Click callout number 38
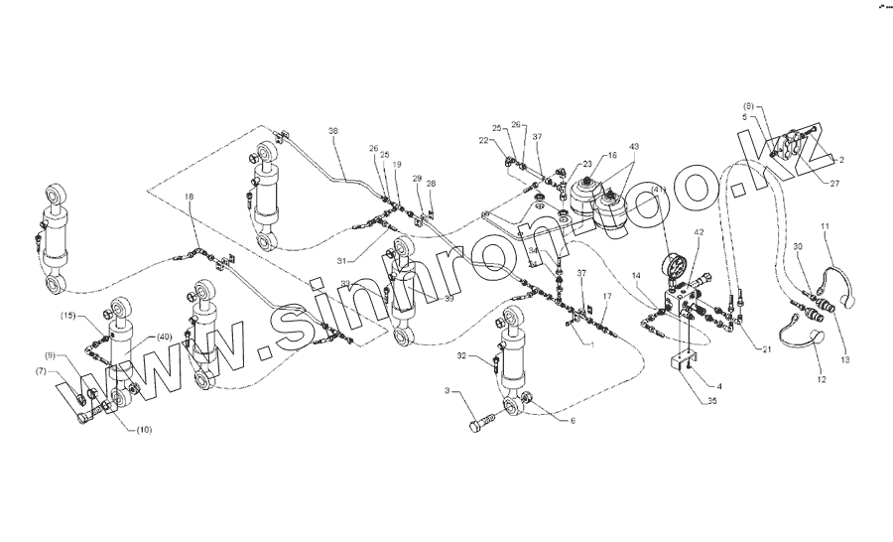pyautogui.click(x=333, y=131)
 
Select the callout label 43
pyautogui.click(x=634, y=147)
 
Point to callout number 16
pyautogui.click(x=612, y=156)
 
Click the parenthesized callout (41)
pyautogui.click(x=656, y=191)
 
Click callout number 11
pyautogui.click(x=825, y=227)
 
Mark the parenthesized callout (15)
pyautogui.click(x=67, y=316)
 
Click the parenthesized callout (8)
pyautogui.click(x=750, y=105)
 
